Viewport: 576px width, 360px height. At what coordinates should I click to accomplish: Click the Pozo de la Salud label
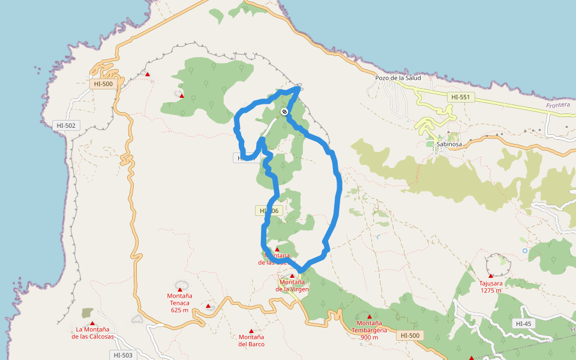(x=398, y=78)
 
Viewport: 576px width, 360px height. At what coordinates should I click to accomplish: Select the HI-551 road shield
(x=461, y=97)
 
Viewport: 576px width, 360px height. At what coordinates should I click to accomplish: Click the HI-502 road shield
(x=65, y=125)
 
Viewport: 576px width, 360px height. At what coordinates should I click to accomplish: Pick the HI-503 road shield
(x=123, y=355)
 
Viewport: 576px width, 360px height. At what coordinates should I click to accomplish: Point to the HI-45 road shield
(x=523, y=323)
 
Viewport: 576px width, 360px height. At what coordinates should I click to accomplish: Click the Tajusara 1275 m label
(x=491, y=287)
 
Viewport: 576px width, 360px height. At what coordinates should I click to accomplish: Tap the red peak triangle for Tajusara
(x=491, y=276)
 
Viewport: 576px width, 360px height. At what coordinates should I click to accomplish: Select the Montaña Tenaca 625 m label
(x=179, y=302)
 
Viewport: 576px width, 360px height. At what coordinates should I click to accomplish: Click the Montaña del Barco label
(x=251, y=341)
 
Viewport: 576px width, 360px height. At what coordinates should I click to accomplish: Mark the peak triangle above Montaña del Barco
(x=251, y=331)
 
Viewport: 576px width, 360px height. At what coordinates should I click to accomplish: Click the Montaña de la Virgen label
(x=292, y=285)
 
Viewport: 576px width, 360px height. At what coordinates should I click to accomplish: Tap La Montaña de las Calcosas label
(x=92, y=332)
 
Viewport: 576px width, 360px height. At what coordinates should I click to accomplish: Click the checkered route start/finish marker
(x=284, y=112)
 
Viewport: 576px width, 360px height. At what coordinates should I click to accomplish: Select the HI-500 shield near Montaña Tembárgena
(x=410, y=335)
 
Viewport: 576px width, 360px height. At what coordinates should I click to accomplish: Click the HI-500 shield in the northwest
(x=103, y=84)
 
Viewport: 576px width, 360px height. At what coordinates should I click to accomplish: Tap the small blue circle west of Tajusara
(x=525, y=250)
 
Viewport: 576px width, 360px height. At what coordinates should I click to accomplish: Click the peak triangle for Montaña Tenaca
(x=179, y=289)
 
